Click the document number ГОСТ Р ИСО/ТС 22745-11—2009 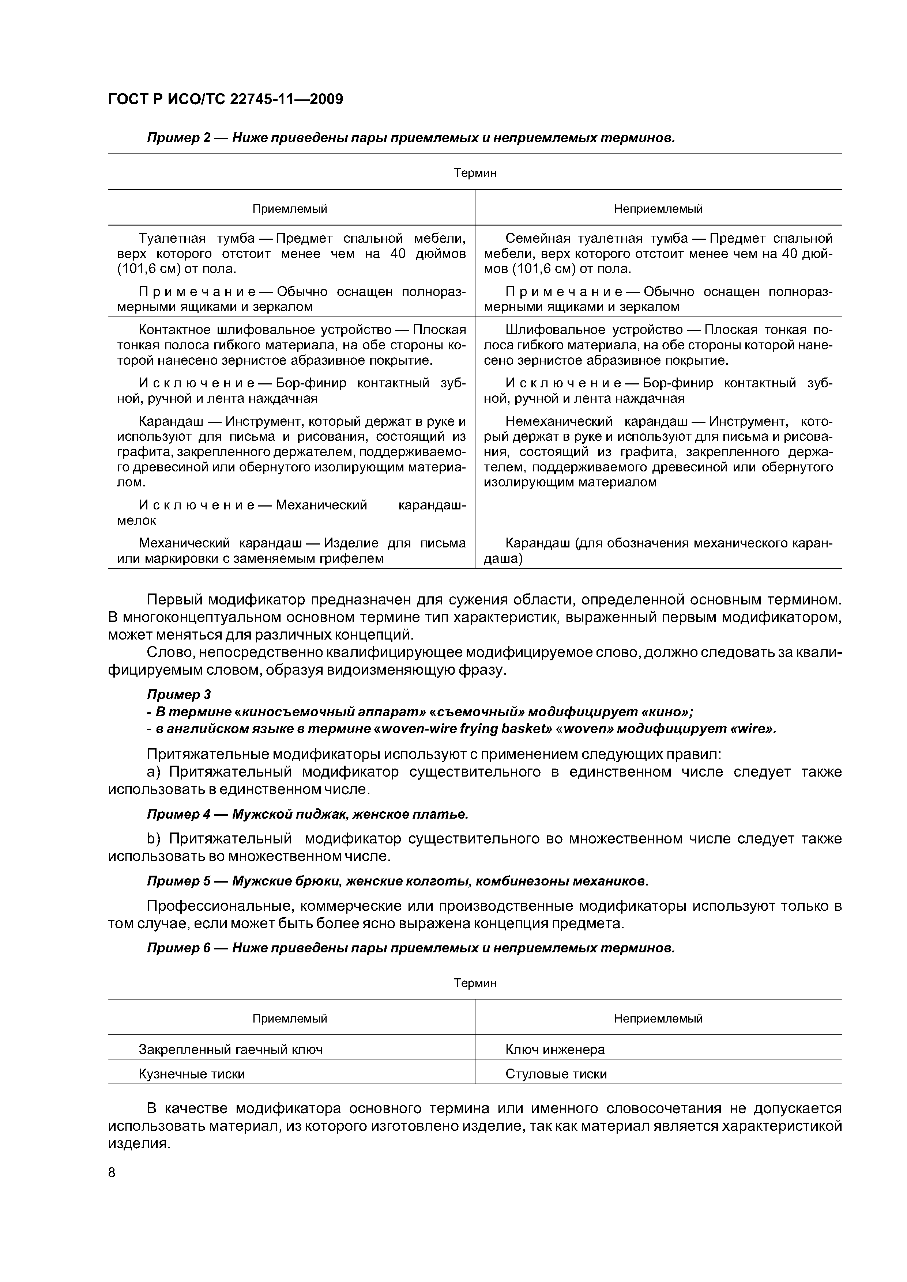[225, 99]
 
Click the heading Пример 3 [179, 695]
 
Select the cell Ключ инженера [554, 1049]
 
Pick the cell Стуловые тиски [556, 1074]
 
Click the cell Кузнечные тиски [192, 1074]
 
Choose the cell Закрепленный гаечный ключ [230, 1049]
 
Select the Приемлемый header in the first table [290, 209]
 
